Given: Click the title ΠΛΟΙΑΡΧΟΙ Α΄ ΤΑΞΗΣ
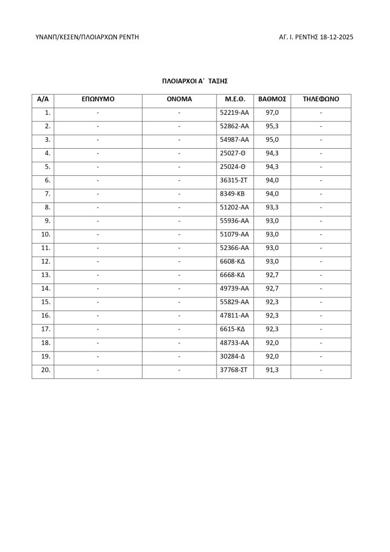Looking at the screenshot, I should (195, 81).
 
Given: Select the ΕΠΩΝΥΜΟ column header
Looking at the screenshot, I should (98, 100).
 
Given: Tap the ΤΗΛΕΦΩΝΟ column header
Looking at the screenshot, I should (321, 100).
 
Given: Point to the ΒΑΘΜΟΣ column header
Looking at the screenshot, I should (272, 100).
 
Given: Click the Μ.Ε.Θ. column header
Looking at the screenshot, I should (234, 100).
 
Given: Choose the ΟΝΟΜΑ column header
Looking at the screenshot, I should (179, 100).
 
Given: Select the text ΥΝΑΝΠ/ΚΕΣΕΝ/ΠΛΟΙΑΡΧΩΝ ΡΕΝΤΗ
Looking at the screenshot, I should (87, 37).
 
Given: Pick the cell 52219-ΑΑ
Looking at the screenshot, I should (234, 113).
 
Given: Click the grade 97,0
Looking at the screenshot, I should (272, 113).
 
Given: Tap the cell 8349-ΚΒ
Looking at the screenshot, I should (233, 194).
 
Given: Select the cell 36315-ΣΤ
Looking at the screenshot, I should (234, 181).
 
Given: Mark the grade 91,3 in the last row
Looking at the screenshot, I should (272, 370).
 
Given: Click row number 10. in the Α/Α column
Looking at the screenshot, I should (46, 234).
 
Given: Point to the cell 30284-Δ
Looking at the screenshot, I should (233, 356).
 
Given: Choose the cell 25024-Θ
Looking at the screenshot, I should (233, 167).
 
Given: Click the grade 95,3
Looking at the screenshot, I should (272, 127).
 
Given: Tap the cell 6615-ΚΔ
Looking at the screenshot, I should (233, 329).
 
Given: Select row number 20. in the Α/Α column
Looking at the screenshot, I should (46, 370).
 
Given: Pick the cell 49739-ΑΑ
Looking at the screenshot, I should (234, 289).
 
